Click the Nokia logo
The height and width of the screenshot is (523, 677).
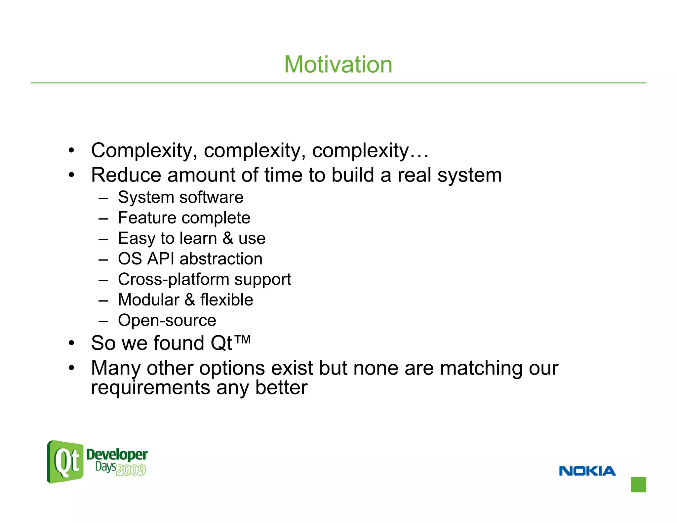tap(587, 471)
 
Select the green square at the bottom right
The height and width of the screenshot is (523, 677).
tap(638, 484)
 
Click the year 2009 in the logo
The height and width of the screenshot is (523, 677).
tap(131, 470)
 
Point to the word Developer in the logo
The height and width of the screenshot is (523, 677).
tap(117, 455)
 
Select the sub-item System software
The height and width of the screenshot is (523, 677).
tap(180, 197)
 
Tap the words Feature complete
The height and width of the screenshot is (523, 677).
tap(184, 218)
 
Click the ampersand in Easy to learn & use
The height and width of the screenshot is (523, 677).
tap(228, 238)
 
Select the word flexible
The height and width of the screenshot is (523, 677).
tap(227, 300)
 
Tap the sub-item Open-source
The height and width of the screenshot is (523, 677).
tap(167, 320)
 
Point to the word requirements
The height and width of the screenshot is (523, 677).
tap(150, 388)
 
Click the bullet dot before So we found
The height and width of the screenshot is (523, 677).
tap(71, 343)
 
